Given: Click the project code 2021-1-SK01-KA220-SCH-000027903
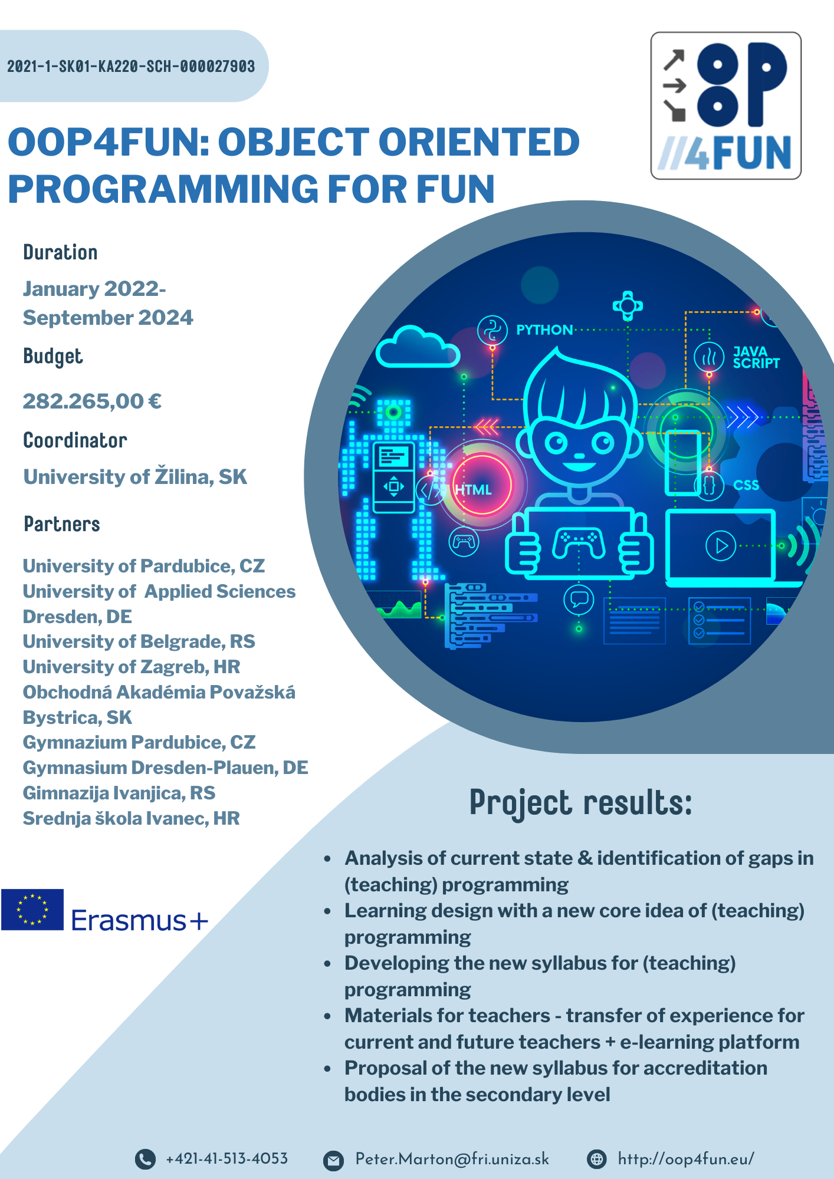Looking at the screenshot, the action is coord(131,66).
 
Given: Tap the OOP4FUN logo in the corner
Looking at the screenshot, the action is coord(725,106).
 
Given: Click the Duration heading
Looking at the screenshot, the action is coord(60,252).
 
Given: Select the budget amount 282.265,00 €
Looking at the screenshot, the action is coord(92,401).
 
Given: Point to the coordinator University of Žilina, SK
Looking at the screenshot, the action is coord(135,476).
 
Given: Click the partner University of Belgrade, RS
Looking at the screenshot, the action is coord(139,641).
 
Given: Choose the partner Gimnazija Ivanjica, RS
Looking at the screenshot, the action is coord(119,793).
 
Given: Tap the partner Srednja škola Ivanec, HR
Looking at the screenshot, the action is coord(132,818).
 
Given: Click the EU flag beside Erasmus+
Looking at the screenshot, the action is coord(32,910).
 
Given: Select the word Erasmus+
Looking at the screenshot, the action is coord(140,920).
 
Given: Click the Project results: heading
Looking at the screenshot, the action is coord(580,803).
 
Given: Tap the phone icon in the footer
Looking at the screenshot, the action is coord(145,1159).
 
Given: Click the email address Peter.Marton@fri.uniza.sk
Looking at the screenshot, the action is coord(452,1159).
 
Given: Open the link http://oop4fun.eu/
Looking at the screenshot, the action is coord(686,1159).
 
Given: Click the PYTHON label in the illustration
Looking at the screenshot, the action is coord(544,330).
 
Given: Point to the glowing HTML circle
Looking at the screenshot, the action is coord(482,485).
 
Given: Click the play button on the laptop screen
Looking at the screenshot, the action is coord(721,546).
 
